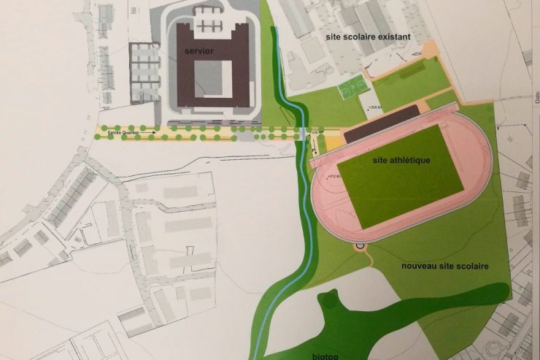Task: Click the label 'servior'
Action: click(x=199, y=52)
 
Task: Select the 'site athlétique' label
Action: click(x=401, y=160)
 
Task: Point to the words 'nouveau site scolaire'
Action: click(x=444, y=266)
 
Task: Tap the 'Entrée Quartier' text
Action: click(x=120, y=132)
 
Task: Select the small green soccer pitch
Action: click(x=352, y=88)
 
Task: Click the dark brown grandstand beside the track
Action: click(x=381, y=120)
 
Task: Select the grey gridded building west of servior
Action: click(x=144, y=72)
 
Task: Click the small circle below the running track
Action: click(x=360, y=248)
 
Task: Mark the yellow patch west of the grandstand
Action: click(x=333, y=144)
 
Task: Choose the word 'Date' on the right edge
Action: click(x=536, y=95)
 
